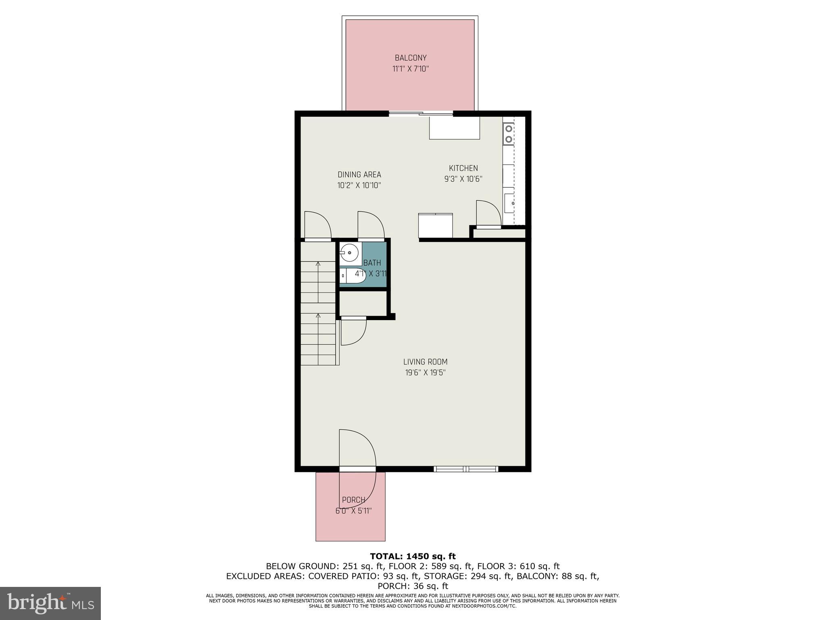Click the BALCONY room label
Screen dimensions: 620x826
click(x=410, y=58)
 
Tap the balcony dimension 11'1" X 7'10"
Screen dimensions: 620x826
click(x=410, y=69)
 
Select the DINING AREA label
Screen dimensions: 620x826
click(x=359, y=175)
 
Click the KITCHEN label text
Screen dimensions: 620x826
click(x=463, y=168)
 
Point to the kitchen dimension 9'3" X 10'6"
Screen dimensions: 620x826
click(x=463, y=179)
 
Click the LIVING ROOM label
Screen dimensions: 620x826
click(x=425, y=362)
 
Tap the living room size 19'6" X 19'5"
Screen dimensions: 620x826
click(x=425, y=373)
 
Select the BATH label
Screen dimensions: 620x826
click(x=372, y=263)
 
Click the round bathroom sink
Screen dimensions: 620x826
click(x=349, y=253)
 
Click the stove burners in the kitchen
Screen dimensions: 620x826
click(x=509, y=134)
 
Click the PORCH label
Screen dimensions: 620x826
click(x=353, y=500)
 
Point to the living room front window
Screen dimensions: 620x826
click(x=466, y=469)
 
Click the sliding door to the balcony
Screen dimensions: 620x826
click(x=421, y=114)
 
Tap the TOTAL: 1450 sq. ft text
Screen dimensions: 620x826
click(x=413, y=557)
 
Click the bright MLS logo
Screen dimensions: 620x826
click(x=50, y=603)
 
